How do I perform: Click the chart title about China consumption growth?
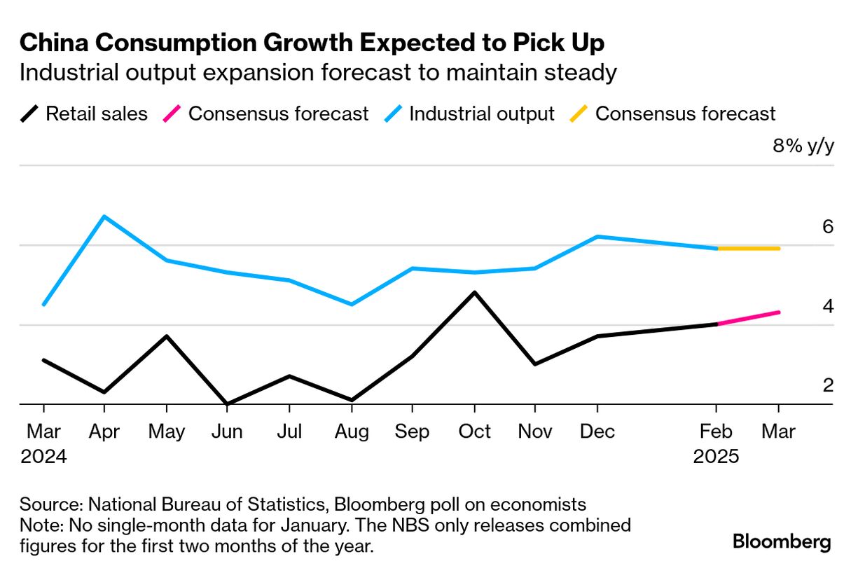click(x=312, y=43)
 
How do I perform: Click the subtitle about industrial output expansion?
click(x=318, y=73)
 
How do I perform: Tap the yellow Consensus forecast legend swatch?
click(x=581, y=113)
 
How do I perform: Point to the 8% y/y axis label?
click(x=803, y=146)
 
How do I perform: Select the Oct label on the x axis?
click(x=474, y=432)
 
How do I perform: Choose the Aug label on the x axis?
click(x=351, y=432)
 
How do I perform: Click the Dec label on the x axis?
click(x=597, y=432)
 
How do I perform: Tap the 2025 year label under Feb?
click(x=716, y=457)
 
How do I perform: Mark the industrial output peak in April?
click(x=104, y=216)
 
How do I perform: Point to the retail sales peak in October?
click(x=475, y=292)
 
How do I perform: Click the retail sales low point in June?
click(x=228, y=403)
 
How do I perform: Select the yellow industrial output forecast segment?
click(x=749, y=248)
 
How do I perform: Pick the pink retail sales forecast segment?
click(x=749, y=318)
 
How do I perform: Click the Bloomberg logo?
click(x=782, y=541)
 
